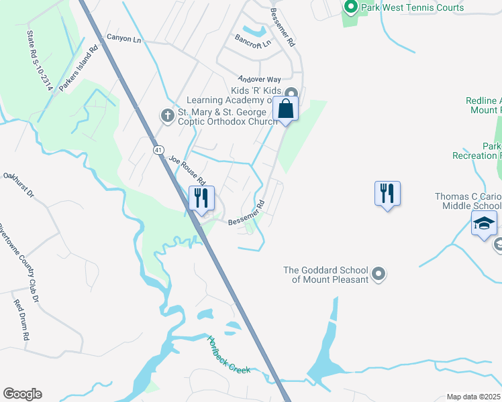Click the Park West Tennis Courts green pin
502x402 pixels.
[350, 8]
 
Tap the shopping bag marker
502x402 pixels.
[285, 109]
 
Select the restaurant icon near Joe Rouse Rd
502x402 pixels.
[201, 198]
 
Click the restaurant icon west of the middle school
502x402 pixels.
[387, 194]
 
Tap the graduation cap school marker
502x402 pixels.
[484, 223]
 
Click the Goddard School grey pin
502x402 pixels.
[379, 273]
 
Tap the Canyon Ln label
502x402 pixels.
[124, 40]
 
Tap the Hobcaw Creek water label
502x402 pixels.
[228, 355]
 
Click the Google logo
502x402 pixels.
[22, 394]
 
